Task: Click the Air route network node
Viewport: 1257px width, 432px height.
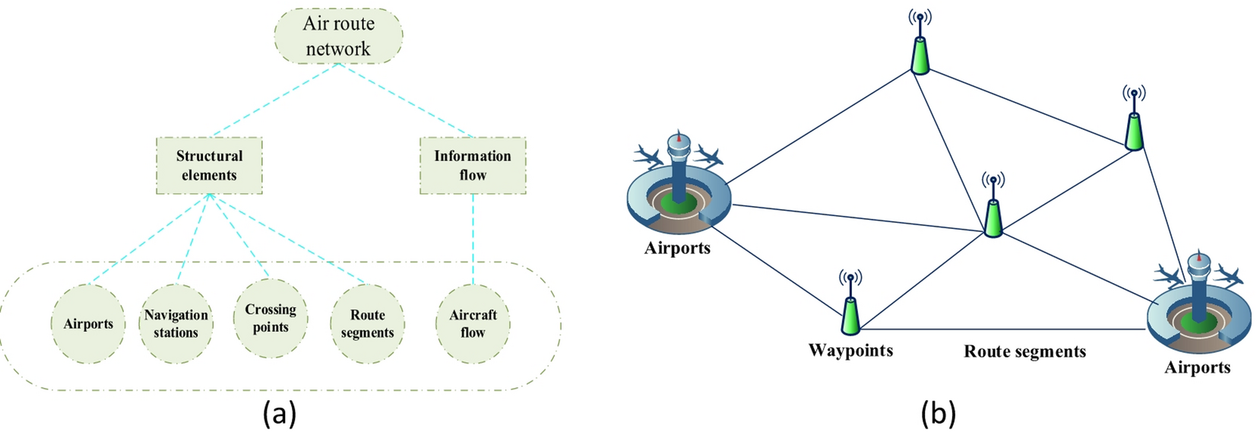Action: pyautogui.click(x=338, y=36)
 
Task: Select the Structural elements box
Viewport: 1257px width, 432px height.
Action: pyautogui.click(x=209, y=165)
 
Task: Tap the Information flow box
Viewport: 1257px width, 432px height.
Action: pyautogui.click(x=473, y=165)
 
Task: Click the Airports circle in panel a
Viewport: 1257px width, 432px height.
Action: pyautogui.click(x=88, y=324)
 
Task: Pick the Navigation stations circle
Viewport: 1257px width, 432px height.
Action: pyautogui.click(x=176, y=324)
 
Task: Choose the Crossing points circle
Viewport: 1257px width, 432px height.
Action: pyautogui.click(x=271, y=318)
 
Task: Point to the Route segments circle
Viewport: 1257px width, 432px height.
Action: pyautogui.click(x=367, y=324)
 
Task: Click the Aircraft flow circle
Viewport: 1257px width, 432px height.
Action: pyautogui.click(x=473, y=324)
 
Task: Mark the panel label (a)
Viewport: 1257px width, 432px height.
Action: pyautogui.click(x=280, y=414)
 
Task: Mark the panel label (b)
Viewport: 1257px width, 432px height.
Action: pyautogui.click(x=938, y=414)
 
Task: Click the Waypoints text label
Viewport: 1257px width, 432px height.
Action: pyautogui.click(x=850, y=351)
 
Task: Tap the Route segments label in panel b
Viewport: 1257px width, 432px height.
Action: pyautogui.click(x=1024, y=351)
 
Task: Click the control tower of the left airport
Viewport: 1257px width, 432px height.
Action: pyautogui.click(x=677, y=164)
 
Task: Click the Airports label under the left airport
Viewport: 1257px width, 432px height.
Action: pyautogui.click(x=677, y=248)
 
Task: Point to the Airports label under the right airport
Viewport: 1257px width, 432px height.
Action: pyautogui.click(x=1197, y=367)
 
